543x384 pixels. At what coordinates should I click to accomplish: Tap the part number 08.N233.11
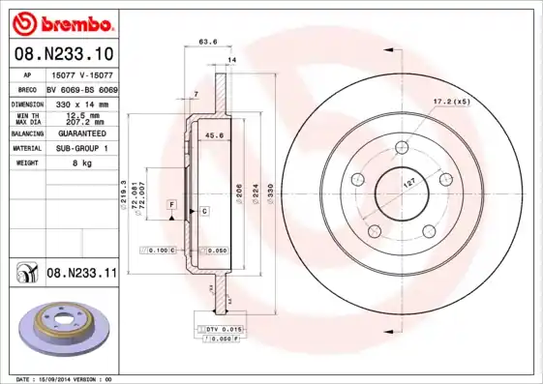[80, 273]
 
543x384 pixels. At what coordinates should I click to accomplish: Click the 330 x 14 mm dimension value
[80, 103]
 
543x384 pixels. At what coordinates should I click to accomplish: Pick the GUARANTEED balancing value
[80, 133]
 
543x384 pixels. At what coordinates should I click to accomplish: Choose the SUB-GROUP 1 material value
[80, 149]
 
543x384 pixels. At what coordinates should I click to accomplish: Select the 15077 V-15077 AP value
[80, 74]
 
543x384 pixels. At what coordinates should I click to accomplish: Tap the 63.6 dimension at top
[207, 42]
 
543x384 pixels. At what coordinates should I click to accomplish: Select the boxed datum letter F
[170, 206]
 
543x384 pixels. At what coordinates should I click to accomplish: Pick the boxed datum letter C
[204, 210]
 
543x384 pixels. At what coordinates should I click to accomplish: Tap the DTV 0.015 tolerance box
[222, 330]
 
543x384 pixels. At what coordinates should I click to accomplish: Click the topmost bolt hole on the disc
[400, 149]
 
